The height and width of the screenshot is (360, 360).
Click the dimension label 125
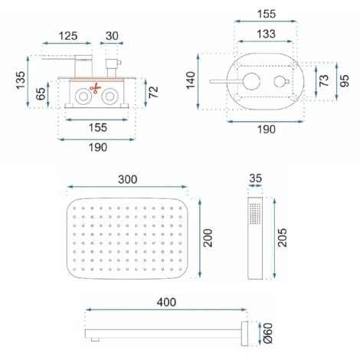(68, 36)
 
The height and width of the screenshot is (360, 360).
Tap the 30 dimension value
(112, 36)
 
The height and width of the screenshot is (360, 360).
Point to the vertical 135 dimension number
(21, 80)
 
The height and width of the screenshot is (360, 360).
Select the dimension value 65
(41, 93)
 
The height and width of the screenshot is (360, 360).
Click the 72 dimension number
(153, 92)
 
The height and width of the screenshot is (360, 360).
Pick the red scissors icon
(95, 88)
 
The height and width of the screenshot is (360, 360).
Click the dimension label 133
(266, 34)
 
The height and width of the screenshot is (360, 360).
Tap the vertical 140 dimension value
(191, 80)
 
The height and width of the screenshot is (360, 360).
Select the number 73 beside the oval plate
(324, 80)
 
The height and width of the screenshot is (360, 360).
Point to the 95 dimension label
(345, 80)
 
